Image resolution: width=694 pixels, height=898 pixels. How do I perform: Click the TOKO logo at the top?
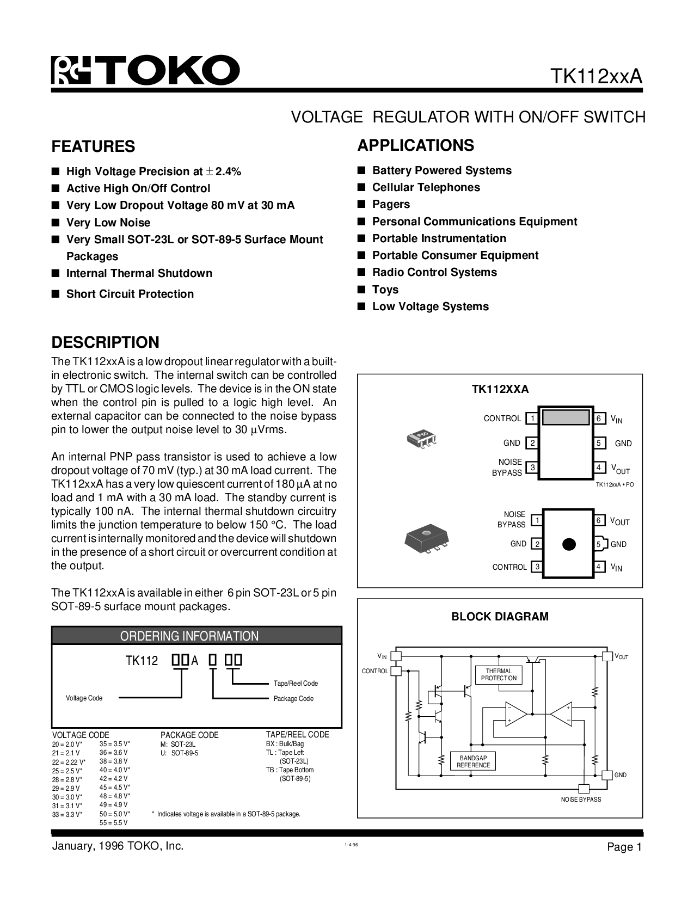coord(145,70)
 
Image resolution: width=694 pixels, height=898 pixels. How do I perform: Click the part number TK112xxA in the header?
coord(597,77)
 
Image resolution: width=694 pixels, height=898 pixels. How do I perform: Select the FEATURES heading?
coord(93,146)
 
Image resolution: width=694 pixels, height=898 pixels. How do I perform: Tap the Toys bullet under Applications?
coord(385,290)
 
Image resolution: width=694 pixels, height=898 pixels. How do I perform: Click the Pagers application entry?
coord(391,204)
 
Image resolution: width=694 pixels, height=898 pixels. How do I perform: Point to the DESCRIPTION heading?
coord(105,342)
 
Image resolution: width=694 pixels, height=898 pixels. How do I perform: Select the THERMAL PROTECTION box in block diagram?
coord(499,675)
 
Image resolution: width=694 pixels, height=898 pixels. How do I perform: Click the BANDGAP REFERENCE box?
coord(473,761)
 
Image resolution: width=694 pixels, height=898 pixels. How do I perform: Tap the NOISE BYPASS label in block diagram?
coord(581,799)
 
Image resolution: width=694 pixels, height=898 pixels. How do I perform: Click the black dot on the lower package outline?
coord(568,544)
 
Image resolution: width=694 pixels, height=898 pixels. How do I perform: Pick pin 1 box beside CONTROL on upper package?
coord(532,419)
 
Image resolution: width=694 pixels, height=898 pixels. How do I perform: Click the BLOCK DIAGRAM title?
coord(500,617)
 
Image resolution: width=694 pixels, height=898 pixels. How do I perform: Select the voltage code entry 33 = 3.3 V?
coord(67,814)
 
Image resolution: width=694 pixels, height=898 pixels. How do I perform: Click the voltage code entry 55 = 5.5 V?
coord(113,823)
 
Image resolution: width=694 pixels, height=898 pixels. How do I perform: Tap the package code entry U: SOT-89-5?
coord(179,753)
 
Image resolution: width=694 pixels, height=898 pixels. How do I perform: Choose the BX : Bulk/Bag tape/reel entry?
coord(285,743)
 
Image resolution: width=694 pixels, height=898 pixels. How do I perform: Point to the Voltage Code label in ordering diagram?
coord(84,698)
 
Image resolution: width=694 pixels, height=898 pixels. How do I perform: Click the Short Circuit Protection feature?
coord(130,294)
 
